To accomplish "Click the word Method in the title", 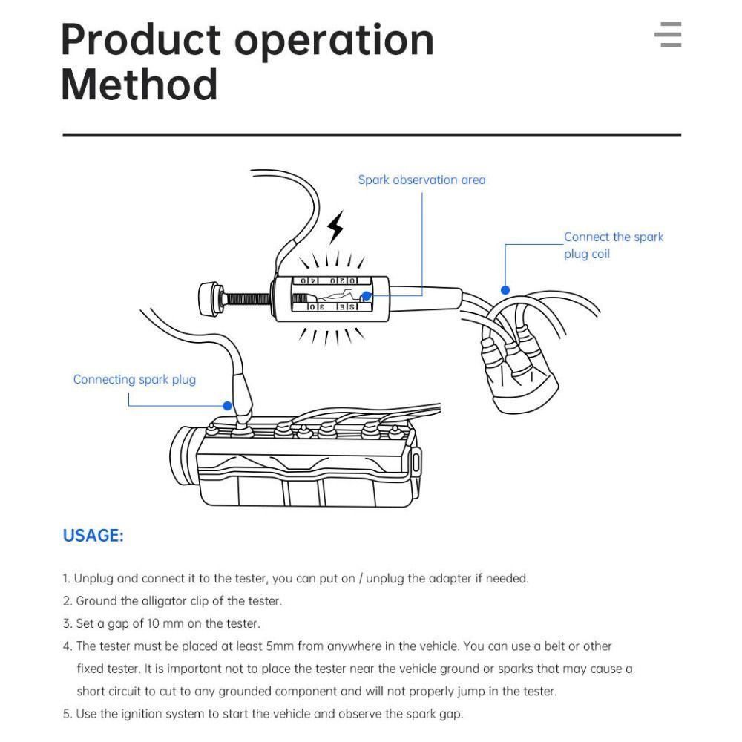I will [139, 85].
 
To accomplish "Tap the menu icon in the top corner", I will [668, 35].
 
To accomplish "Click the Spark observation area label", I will [421, 180].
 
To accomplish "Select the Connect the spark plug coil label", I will [613, 246].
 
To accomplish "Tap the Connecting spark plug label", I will [134, 380].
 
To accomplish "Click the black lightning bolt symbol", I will [336, 226].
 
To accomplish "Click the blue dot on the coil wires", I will [505, 290].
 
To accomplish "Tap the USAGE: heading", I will [93, 536].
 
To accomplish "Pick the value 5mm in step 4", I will [280, 646].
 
